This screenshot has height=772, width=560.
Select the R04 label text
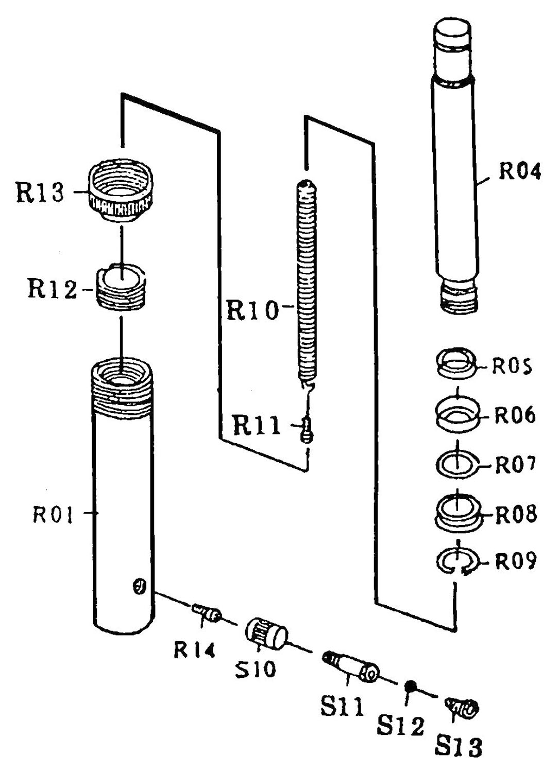pos(520,171)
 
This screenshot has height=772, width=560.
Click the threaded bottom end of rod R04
pos(458,297)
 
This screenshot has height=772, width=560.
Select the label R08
pos(516,515)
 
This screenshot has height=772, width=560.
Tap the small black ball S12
pos(410,686)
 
